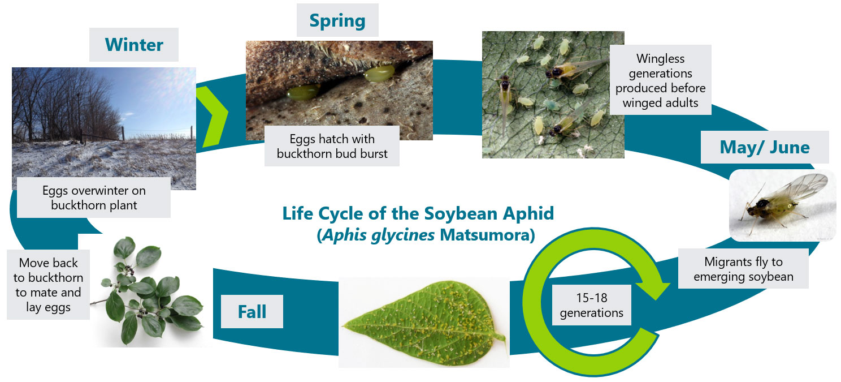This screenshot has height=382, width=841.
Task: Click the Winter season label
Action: pyautogui.click(x=133, y=45)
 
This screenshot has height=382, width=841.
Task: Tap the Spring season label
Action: pyautogui.click(x=337, y=20)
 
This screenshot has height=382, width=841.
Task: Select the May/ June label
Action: pyautogui.click(x=764, y=147)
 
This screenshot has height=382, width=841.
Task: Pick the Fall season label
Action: pyautogui.click(x=252, y=311)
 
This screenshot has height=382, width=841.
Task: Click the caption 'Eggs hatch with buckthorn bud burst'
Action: pyautogui.click(x=332, y=146)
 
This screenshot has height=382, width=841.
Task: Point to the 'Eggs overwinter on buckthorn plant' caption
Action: pyautogui.click(x=94, y=198)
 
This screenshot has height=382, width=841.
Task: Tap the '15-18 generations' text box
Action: pyautogui.click(x=591, y=305)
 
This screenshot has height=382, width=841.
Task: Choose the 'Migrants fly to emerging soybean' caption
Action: pyautogui.click(x=743, y=268)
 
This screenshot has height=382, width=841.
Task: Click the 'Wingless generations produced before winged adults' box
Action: pyautogui.click(x=660, y=80)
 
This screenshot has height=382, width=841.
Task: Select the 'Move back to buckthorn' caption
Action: pyautogui.click(x=48, y=285)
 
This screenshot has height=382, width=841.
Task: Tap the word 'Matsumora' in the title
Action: pyautogui.click(x=487, y=235)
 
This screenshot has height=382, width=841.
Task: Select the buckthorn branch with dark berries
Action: pyautogui.click(x=147, y=291)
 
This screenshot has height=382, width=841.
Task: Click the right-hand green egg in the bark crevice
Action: pyautogui.click(x=379, y=74)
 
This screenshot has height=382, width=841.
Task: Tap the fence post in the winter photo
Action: pyautogui.click(x=123, y=134)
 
